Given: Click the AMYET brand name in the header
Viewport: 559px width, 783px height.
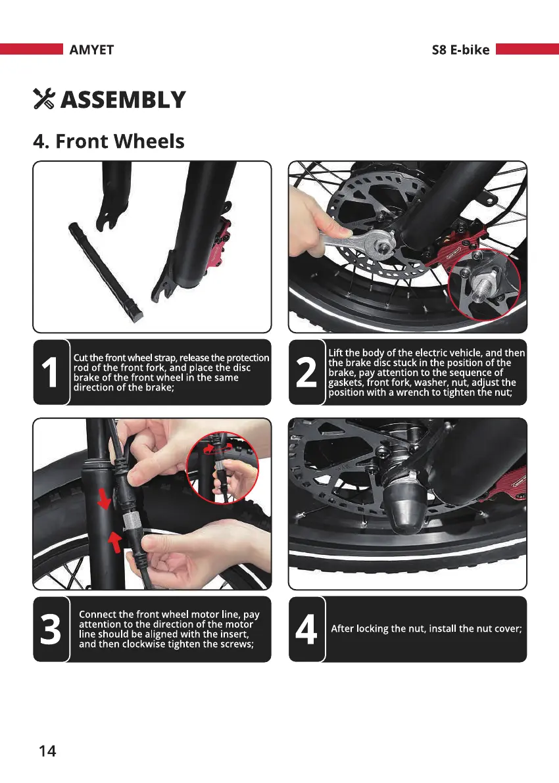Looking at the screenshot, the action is point(91,50).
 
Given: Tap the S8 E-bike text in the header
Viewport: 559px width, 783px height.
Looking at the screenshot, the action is point(460,50).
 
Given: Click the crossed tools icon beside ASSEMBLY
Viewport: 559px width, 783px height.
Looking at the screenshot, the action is point(44,99).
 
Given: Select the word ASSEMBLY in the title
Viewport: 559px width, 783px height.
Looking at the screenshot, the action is point(123,99).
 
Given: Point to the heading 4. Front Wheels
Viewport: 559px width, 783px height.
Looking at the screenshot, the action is point(109,141).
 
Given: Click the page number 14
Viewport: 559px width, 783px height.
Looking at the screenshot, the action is point(47,751).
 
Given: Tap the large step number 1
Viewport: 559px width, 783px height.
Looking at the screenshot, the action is point(50,372).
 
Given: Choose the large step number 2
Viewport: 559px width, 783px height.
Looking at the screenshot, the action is point(306,372).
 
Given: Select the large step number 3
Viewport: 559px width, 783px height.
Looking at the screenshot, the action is point(51,629).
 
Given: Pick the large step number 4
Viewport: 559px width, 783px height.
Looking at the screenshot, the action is point(306,629).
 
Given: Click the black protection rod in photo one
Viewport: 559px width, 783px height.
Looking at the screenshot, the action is point(105,272).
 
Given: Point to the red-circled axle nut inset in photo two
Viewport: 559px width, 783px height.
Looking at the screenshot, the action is point(484,285).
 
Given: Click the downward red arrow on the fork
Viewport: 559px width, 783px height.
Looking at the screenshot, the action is point(105,499).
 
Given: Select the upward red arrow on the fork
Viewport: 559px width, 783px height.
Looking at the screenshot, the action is point(115,542).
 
